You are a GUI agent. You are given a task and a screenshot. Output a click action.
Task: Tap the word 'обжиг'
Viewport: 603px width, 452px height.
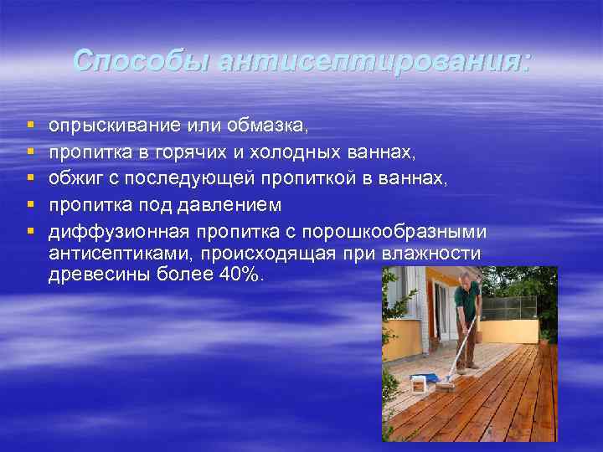[75, 179]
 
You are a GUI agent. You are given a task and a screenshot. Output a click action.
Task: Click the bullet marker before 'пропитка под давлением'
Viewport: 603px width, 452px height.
[31, 205]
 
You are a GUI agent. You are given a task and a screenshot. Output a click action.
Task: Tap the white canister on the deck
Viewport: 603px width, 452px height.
[419, 385]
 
